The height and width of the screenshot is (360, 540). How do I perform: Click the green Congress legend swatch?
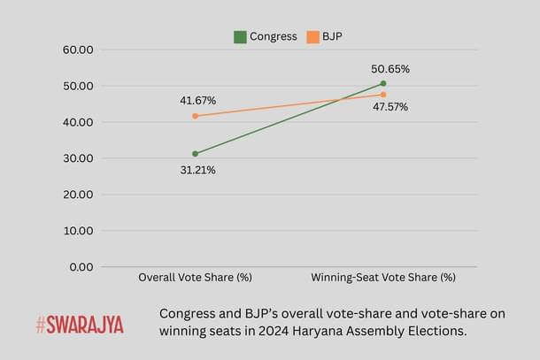(x=240, y=37)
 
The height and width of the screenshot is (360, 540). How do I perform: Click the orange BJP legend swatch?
(x=312, y=37)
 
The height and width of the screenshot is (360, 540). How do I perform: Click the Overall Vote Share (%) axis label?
(x=196, y=278)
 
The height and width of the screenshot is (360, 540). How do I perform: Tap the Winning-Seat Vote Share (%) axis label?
(x=383, y=278)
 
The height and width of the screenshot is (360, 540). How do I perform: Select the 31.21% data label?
(x=198, y=170)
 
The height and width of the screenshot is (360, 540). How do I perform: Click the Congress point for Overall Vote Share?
(x=195, y=154)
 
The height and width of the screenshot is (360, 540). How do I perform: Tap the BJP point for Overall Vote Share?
(x=195, y=116)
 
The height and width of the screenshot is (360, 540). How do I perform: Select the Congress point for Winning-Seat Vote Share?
(x=383, y=83)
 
